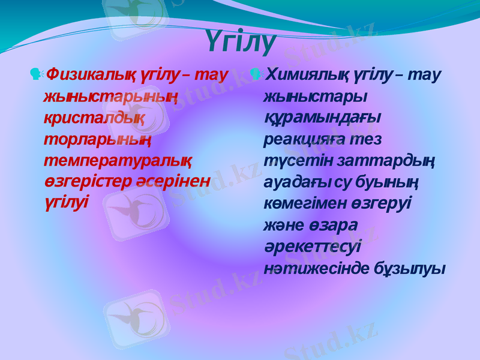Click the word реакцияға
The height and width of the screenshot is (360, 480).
[298, 140]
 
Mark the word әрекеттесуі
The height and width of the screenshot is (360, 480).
[312, 247]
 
